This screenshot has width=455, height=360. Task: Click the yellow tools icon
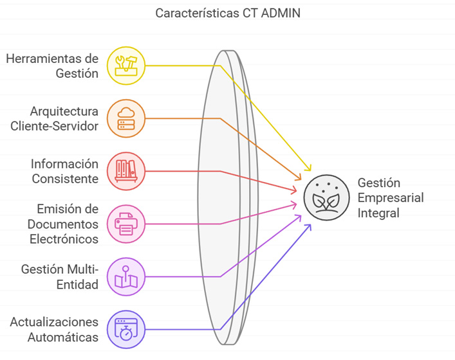126,66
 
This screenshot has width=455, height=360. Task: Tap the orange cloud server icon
126,118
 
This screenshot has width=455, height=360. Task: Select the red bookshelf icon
126,171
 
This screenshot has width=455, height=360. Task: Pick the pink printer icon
126,224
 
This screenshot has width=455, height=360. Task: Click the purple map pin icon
126,276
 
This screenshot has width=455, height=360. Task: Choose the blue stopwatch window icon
126,329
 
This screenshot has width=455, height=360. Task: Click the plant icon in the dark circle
323,197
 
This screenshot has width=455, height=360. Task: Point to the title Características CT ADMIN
228,13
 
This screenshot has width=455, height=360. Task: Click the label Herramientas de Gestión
53,66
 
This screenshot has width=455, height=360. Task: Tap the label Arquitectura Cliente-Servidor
55,118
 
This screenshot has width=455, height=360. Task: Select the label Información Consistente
65,171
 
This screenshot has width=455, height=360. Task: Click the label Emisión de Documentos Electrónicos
63,224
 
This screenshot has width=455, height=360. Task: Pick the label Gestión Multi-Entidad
60,276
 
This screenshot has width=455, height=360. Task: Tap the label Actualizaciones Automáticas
55,329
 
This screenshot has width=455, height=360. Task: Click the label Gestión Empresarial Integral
390,198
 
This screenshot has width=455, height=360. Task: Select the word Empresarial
390,198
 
